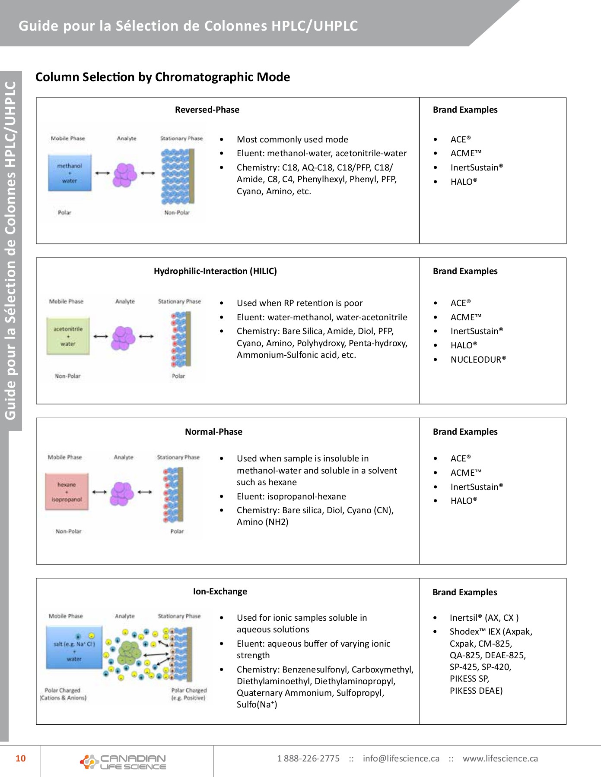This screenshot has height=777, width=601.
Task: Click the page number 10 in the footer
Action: [x=21, y=758]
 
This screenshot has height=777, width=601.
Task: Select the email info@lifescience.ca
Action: [x=401, y=758]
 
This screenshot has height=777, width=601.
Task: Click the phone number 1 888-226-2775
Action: [x=308, y=758]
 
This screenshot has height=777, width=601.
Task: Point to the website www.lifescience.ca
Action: [x=500, y=758]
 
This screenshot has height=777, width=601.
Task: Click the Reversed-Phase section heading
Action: [x=207, y=110]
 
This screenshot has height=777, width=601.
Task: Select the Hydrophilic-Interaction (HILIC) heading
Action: [x=215, y=271]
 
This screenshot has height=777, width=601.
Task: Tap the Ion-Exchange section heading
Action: [x=220, y=591]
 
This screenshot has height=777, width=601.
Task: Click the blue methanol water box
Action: [x=70, y=173]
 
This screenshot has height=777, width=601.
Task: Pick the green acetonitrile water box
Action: [x=68, y=336]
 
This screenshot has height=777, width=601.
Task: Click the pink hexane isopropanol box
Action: [x=67, y=492]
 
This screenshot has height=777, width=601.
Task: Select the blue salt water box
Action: [x=74, y=647]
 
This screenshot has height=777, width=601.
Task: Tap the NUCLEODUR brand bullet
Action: [x=478, y=360]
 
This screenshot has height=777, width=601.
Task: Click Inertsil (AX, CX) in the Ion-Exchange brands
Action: [x=484, y=618]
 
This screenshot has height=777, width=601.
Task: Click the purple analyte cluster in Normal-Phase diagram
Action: [x=122, y=493]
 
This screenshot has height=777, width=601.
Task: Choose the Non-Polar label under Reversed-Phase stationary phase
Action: [x=177, y=212]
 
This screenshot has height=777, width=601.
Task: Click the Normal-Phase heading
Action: [x=213, y=432]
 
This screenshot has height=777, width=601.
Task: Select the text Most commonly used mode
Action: [x=292, y=139]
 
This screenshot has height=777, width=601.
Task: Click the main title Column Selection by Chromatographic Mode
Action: [x=162, y=77]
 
